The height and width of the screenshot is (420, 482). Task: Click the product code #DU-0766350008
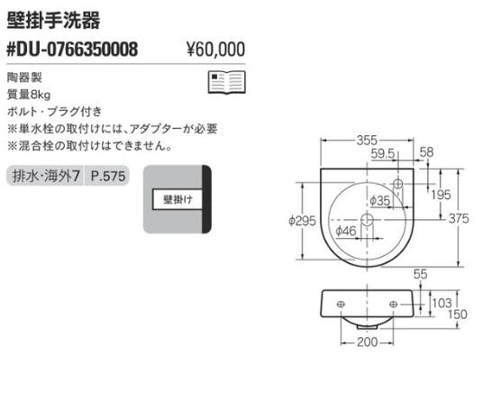tap(72, 50)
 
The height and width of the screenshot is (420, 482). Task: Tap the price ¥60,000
tap(216, 50)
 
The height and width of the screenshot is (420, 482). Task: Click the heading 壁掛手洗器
tap(53, 21)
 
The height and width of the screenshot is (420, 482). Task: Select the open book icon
tap(227, 82)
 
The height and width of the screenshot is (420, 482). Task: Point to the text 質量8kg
tap(29, 95)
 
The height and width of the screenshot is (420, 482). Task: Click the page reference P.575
tap(108, 176)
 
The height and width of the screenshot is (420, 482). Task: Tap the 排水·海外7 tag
tap(46, 176)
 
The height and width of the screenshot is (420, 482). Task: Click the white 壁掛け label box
tap(177, 199)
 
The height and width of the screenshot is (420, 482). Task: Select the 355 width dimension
tap(367, 141)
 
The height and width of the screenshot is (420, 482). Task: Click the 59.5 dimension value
tap(382, 154)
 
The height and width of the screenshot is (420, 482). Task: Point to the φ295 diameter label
tap(302, 221)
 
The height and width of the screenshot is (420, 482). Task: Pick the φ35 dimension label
tap(379, 201)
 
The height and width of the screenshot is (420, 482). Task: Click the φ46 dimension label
tap(346, 231)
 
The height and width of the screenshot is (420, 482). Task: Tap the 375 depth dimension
tap(459, 219)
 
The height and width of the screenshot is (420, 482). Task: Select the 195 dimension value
tap(441, 195)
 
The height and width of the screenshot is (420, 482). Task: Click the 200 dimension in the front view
tap(367, 342)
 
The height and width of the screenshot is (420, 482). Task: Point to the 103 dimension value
tap(442, 303)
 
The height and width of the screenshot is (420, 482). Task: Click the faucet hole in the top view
tap(398, 184)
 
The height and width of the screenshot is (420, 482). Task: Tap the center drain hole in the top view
tap(367, 220)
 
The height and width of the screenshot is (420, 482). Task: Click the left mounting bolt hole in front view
tap(341, 305)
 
